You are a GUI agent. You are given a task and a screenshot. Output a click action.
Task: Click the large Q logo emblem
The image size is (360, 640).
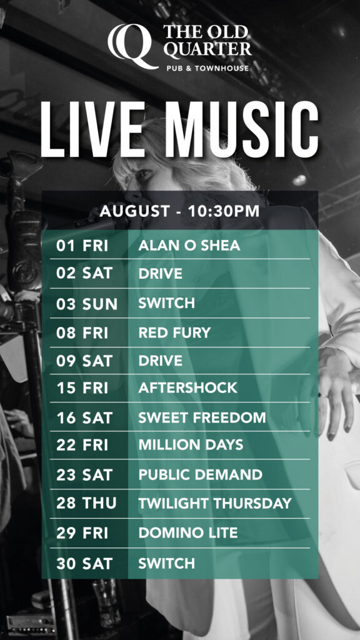tap(133, 46)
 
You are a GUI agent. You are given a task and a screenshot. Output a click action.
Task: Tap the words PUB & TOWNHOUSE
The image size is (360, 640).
tap(207, 68)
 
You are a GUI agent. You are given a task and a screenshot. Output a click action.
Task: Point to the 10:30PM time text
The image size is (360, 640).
tap(223, 211)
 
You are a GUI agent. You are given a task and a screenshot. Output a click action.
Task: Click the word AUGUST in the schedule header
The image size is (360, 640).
tap(135, 211)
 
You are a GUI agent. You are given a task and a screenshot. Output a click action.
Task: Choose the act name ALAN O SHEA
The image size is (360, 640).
tap(189, 245)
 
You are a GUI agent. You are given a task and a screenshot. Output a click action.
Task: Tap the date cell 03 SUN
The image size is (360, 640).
tap(87, 304)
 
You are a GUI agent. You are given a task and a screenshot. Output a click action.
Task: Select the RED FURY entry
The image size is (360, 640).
tap(174, 332)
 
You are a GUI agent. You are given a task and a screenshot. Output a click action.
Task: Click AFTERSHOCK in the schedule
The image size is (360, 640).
tap(187, 387)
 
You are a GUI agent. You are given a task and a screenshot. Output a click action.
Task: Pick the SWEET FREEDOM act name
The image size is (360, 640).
tap(202, 417)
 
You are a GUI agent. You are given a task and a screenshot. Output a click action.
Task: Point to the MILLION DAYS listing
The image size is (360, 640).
tap(191, 444)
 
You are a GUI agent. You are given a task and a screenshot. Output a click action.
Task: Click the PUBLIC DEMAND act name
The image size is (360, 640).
tap(200, 474)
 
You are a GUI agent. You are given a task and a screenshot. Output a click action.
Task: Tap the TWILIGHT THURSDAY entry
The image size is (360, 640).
tap(215, 503)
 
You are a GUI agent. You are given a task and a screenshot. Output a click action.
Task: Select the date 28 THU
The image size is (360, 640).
tap(86, 503)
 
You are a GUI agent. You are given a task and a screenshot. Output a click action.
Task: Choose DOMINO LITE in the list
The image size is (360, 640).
tap(187, 532)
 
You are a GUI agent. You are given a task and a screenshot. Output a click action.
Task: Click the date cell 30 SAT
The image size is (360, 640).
tap(84, 564)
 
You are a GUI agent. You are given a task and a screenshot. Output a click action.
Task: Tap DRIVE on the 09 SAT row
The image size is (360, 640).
tap(161, 361)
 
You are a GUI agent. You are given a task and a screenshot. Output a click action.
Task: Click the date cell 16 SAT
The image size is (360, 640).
tap(84, 417)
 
